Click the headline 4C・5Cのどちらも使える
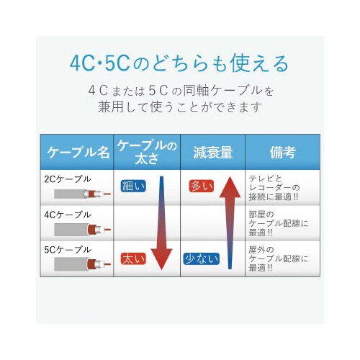[180, 63]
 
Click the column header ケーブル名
[78, 152]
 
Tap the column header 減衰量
[212, 152]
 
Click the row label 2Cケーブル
[68, 177]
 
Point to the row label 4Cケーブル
[68, 214]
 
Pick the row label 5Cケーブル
[68, 250]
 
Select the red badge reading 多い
[201, 186]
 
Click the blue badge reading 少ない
[201, 257]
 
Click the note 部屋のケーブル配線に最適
[278, 222]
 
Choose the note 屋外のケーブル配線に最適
[278, 258]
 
